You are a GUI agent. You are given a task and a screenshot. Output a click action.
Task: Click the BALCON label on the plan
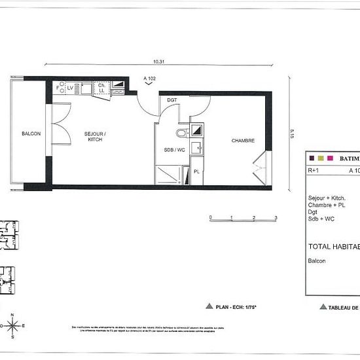(31, 134)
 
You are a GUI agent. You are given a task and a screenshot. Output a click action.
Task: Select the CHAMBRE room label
(243, 141)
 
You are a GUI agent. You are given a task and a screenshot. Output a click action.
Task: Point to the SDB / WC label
(173, 149)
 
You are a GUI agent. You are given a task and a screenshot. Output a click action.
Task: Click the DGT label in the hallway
(172, 100)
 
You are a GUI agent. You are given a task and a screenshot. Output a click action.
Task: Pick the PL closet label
(196, 172)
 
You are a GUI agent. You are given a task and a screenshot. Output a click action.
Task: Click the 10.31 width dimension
(158, 62)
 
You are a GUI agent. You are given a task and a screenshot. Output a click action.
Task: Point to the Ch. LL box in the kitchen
(101, 88)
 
